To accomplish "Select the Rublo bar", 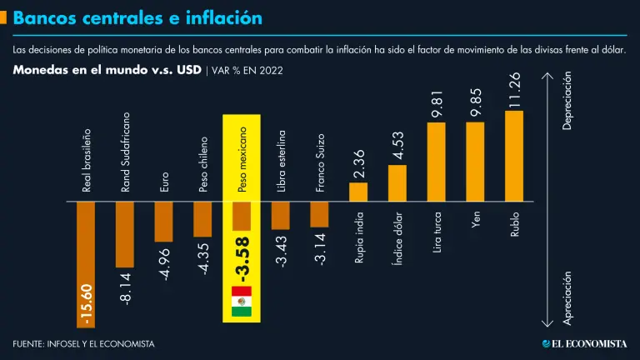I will click(514, 157).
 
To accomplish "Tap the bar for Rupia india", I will click(358, 192).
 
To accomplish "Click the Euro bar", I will click(163, 222).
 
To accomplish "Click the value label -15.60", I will click(87, 305).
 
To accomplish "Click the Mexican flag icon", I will click(242, 302).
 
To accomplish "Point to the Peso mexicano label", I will click(242, 160).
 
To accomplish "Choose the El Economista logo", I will click(584, 343).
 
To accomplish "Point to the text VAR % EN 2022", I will click(247, 71).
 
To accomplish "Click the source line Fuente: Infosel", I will click(83, 343).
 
